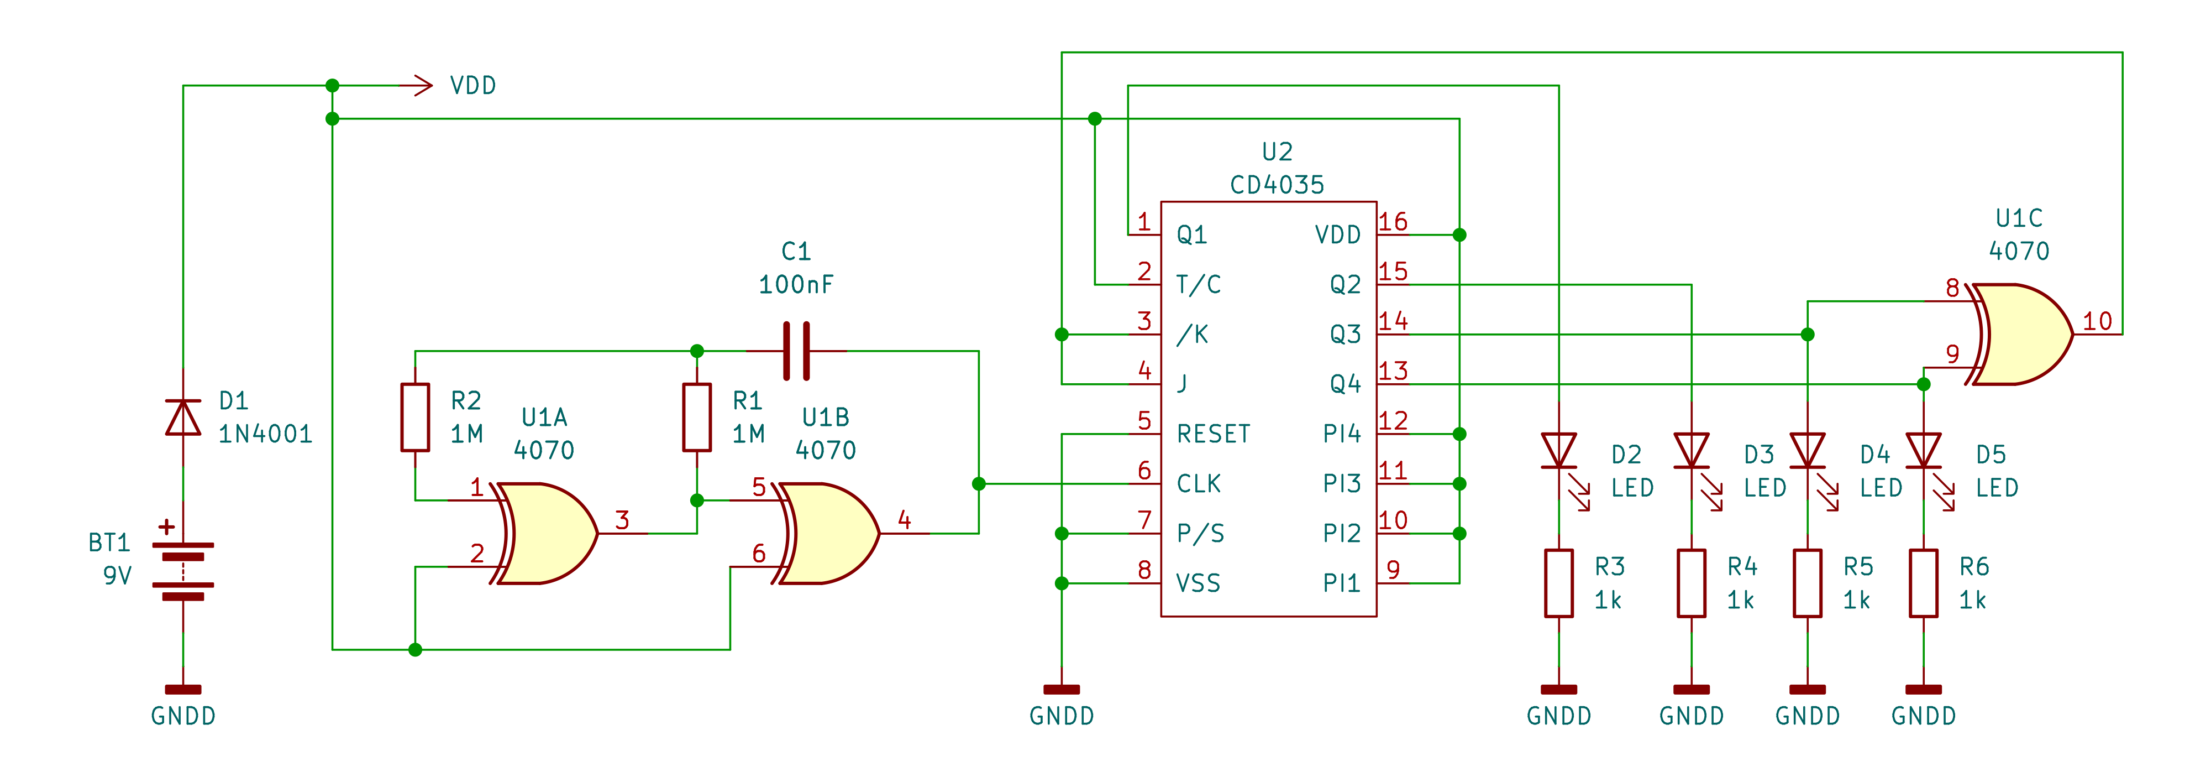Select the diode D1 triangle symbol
183,418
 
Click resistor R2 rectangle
416,418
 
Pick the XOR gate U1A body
545,533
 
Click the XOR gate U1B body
827,533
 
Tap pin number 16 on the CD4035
1393,222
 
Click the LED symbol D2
1559,451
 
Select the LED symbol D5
1924,451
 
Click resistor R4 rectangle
1691,583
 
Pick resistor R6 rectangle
1924,583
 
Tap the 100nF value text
796,284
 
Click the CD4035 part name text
1277,185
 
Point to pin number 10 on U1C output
2097,321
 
